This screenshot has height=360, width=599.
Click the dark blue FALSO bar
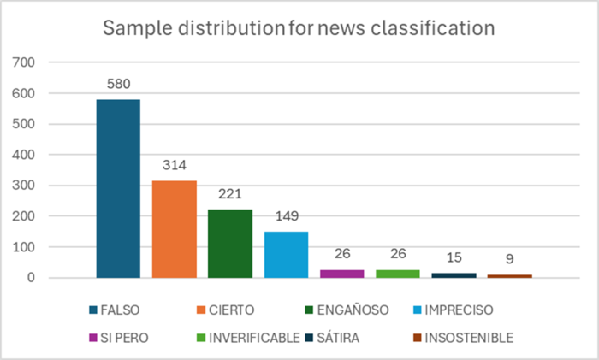tap(118, 188)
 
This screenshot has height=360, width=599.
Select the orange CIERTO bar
tap(175, 229)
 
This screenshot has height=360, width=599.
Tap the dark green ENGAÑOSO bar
tap(230, 244)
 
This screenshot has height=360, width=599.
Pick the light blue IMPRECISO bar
tap(286, 255)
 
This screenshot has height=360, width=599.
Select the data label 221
tap(230, 195)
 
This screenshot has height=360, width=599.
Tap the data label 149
tap(286, 217)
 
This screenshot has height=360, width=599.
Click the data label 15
tap(454, 258)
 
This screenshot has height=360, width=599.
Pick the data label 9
tap(509, 260)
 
